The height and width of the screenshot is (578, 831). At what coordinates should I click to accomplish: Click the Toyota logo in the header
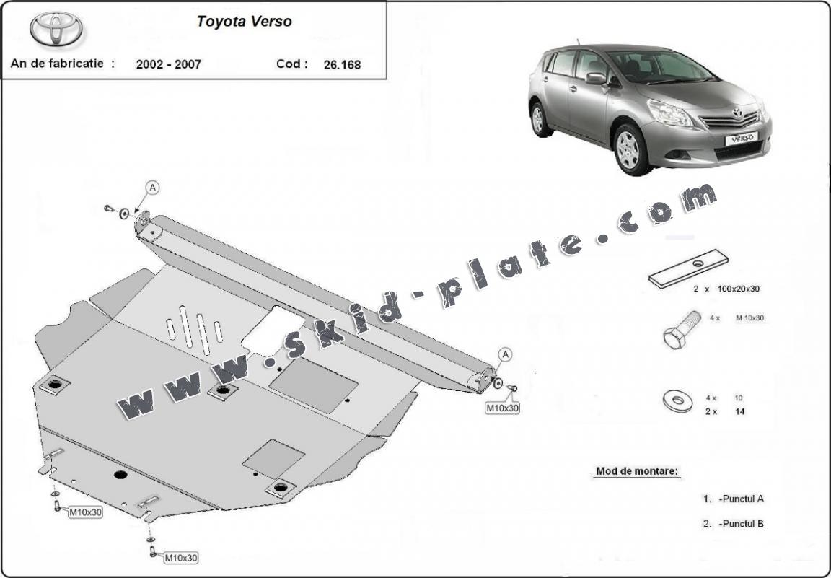[56, 29]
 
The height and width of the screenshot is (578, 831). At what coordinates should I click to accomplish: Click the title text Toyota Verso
[245, 22]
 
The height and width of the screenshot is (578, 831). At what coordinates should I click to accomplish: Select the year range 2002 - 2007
[168, 64]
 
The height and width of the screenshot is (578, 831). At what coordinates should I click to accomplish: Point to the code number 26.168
[342, 64]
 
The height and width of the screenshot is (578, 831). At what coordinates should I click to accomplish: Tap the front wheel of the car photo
[628, 149]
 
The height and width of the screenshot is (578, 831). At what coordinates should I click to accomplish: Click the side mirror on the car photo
[597, 78]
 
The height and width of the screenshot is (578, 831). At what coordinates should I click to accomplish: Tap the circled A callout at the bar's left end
[153, 188]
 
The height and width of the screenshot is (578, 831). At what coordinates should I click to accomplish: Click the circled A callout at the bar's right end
[506, 354]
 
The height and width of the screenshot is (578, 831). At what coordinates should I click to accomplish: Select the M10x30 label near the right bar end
[502, 408]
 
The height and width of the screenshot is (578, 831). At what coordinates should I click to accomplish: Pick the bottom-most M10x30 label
[181, 557]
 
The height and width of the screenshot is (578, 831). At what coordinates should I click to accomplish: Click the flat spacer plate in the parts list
[688, 268]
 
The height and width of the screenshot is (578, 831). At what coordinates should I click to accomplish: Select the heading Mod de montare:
[637, 472]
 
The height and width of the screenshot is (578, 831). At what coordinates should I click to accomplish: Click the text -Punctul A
[741, 499]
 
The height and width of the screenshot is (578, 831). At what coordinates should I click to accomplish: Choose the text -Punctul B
[741, 524]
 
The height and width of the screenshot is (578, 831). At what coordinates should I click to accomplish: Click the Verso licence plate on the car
[741, 138]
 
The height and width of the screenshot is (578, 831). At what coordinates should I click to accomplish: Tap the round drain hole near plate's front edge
[120, 475]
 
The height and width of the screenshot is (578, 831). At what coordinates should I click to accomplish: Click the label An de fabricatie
[62, 63]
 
